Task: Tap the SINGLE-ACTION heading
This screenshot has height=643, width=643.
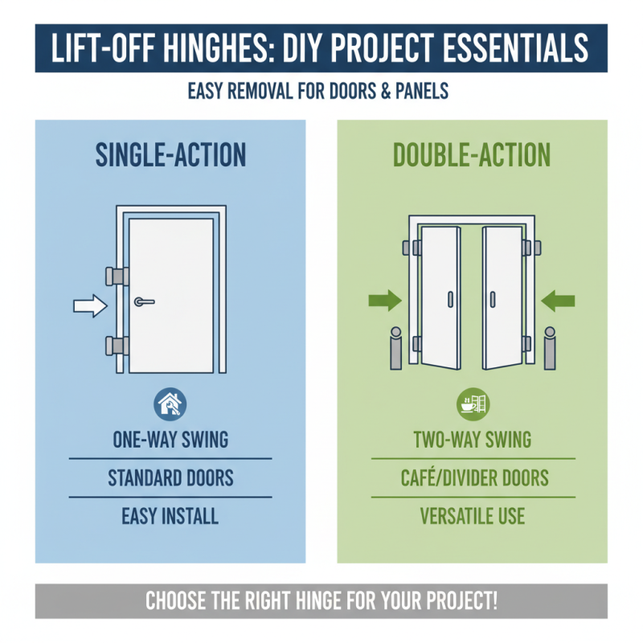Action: [170, 155]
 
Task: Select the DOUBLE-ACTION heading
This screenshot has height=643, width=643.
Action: [472, 155]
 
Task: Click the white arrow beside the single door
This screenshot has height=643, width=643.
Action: [89, 305]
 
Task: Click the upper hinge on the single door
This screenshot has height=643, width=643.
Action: [115, 275]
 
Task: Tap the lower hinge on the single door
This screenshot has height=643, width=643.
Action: [115, 347]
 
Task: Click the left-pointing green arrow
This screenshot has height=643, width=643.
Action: [559, 301]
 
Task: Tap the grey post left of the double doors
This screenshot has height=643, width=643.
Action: [395, 349]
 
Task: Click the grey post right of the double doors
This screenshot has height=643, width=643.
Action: [550, 349]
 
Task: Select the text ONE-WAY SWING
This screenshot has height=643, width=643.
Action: [170, 440]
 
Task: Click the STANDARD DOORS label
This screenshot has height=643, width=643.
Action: [170, 478]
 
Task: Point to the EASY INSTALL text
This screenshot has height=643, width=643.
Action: [170, 515]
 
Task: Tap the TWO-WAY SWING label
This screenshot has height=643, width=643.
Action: [473, 440]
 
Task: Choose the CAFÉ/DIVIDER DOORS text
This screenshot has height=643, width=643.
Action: [473, 478]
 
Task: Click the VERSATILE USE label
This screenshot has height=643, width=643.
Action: [473, 515]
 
